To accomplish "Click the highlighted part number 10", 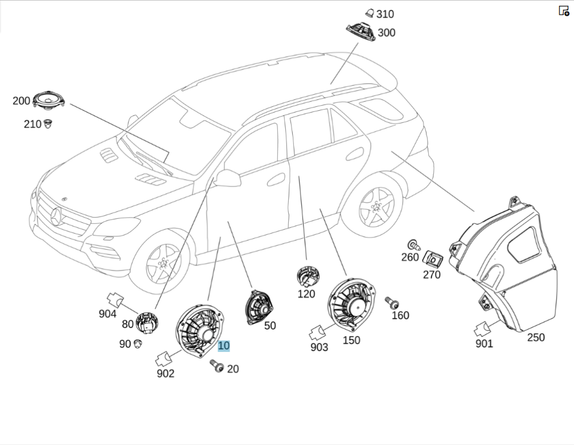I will click(x=223, y=346).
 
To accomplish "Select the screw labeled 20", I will click(x=216, y=365).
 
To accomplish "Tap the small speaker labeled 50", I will click(x=259, y=307).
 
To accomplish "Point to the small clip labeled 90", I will click(x=138, y=343).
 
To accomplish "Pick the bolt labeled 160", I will click(x=392, y=303).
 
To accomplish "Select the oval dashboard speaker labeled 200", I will click(x=48, y=100).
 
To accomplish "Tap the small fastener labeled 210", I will click(x=48, y=123).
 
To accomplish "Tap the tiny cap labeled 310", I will click(x=370, y=13).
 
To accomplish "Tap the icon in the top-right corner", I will click(x=564, y=10).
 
